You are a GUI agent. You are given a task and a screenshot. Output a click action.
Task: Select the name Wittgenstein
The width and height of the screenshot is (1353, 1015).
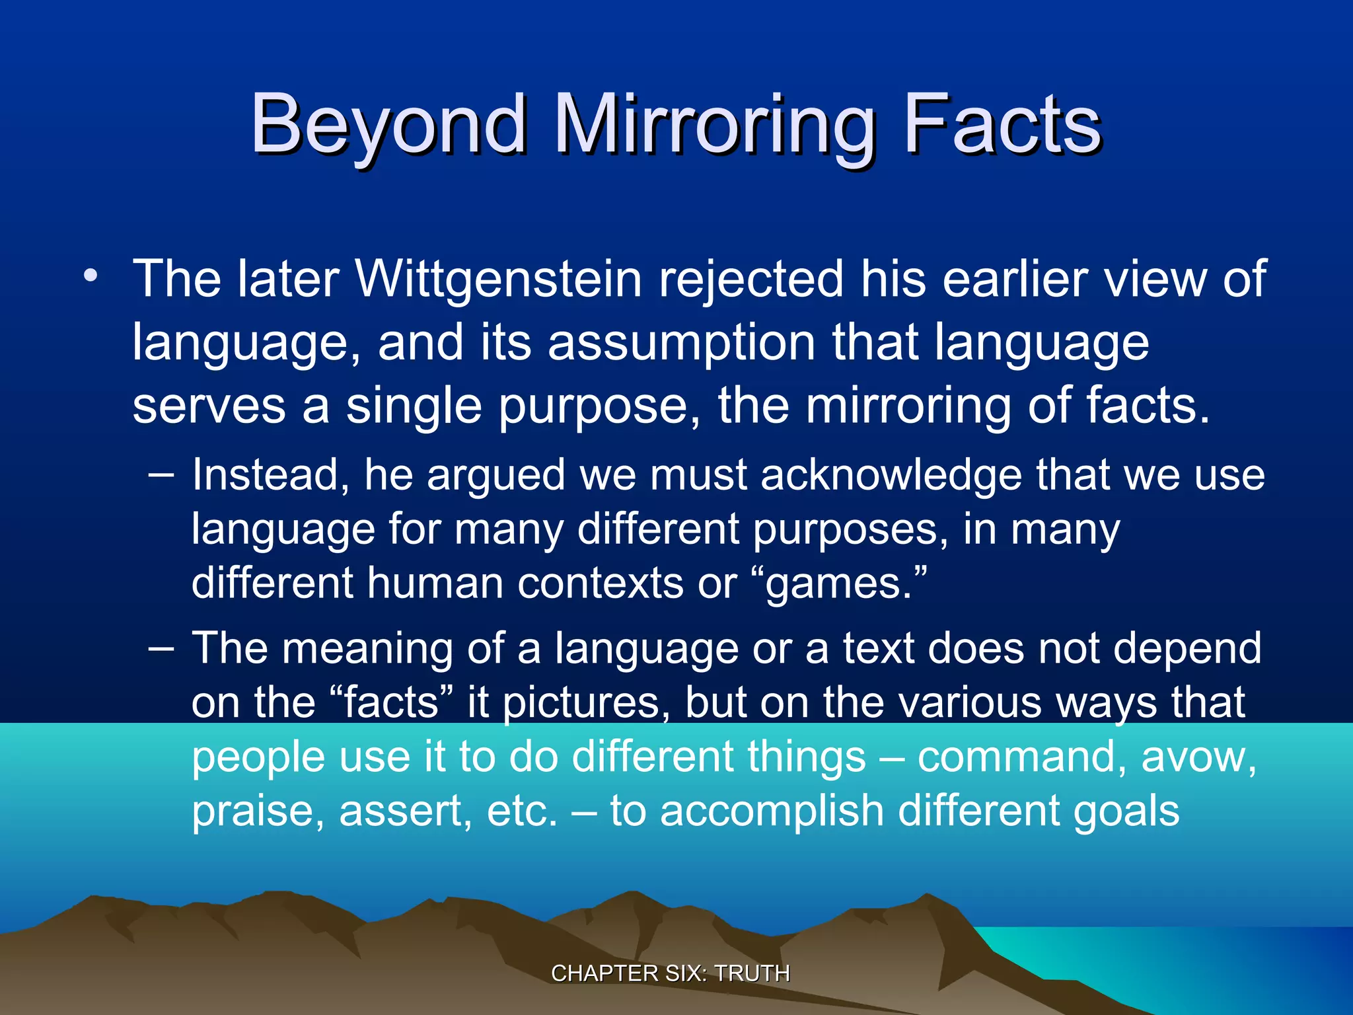pyautogui.click(x=499, y=279)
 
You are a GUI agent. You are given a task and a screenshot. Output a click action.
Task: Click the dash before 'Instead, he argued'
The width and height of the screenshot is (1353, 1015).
pyautogui.click(x=161, y=474)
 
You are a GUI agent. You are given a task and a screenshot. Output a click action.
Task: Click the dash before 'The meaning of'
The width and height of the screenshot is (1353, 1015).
pyautogui.click(x=161, y=648)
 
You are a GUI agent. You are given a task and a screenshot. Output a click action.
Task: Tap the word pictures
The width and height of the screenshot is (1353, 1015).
pyautogui.click(x=581, y=703)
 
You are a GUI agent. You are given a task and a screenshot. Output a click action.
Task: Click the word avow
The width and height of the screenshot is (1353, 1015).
pyautogui.click(x=1197, y=757)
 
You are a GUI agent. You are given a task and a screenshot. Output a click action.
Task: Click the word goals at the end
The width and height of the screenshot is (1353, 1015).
pyautogui.click(x=1126, y=811)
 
